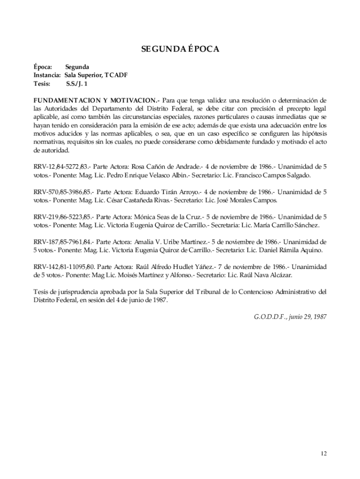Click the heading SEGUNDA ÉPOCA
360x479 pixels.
click(x=180, y=49)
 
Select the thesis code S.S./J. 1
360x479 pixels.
click(x=77, y=84)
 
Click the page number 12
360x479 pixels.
click(x=324, y=453)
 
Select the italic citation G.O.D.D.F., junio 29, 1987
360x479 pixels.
click(x=287, y=317)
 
